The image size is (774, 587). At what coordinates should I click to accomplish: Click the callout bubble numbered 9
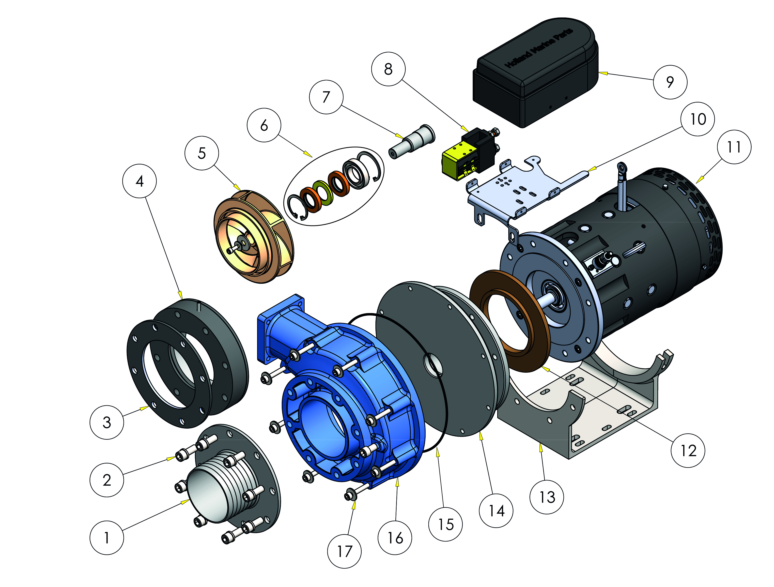coord(670,82)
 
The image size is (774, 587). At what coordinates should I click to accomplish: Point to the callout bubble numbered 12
coord(688,451)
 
